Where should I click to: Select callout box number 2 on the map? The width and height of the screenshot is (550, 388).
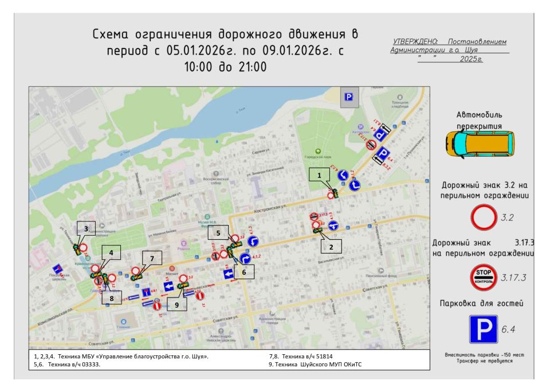(331, 246)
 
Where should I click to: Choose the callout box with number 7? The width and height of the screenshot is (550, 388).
(152, 259)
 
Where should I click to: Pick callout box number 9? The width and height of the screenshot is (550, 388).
(177, 305)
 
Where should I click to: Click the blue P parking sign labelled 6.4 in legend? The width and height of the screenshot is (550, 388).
(483, 329)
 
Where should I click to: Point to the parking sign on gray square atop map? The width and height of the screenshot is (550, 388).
(348, 98)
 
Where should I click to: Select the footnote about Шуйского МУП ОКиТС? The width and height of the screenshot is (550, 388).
(316, 364)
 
